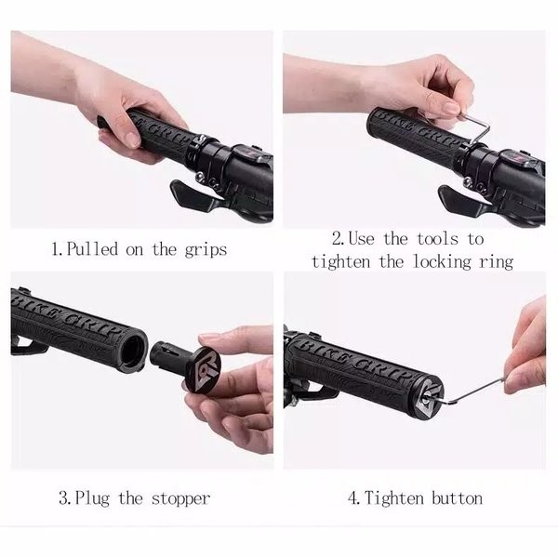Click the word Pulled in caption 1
[92, 248]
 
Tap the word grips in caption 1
[206, 250]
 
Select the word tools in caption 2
[438, 238]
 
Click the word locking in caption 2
[442, 262]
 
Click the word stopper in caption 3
[180, 498]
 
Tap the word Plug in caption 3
[92, 498]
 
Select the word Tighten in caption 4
[394, 498]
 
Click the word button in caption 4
[458, 498]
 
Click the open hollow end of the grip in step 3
[133, 351]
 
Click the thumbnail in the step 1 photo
[132, 139]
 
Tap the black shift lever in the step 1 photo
[193, 194]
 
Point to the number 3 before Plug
[65, 498]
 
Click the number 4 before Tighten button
[354, 498]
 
